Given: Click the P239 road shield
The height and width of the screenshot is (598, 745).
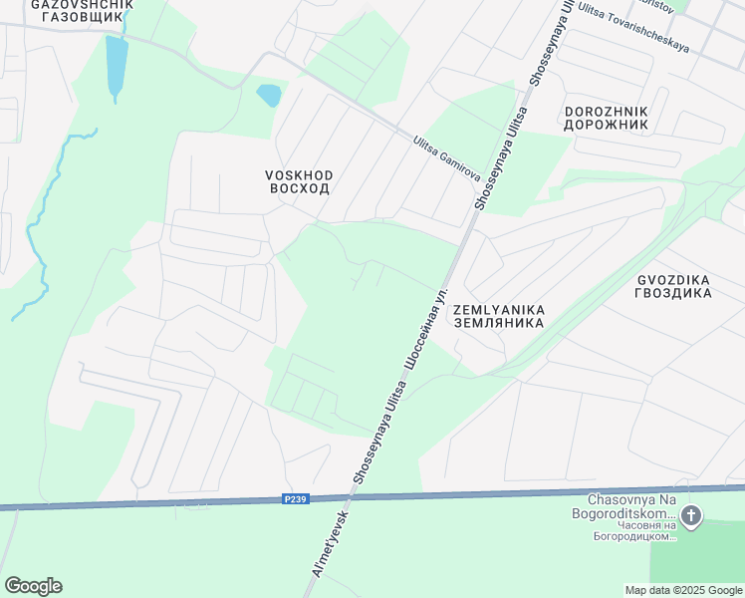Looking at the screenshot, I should (293, 499).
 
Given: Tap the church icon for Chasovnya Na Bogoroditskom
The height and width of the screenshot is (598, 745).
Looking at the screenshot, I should (692, 516).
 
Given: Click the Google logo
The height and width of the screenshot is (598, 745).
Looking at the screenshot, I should (33, 586).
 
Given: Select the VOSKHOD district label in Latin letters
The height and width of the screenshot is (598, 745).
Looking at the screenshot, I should (299, 175).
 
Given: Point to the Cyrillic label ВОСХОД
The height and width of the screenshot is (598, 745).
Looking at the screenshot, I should (299, 188).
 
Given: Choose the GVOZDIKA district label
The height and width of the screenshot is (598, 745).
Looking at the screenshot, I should (673, 280).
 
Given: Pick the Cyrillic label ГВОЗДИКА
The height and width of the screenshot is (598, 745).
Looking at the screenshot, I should (673, 293).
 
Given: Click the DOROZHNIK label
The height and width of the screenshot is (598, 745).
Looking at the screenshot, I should (606, 112).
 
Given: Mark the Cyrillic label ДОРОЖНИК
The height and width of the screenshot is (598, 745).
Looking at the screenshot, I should (606, 125).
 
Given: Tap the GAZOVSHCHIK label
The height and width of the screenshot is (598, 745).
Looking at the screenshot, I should (84, 4).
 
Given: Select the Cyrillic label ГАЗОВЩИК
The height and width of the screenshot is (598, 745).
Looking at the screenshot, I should (84, 17).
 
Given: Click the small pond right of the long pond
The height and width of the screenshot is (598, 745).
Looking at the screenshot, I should (269, 96).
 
